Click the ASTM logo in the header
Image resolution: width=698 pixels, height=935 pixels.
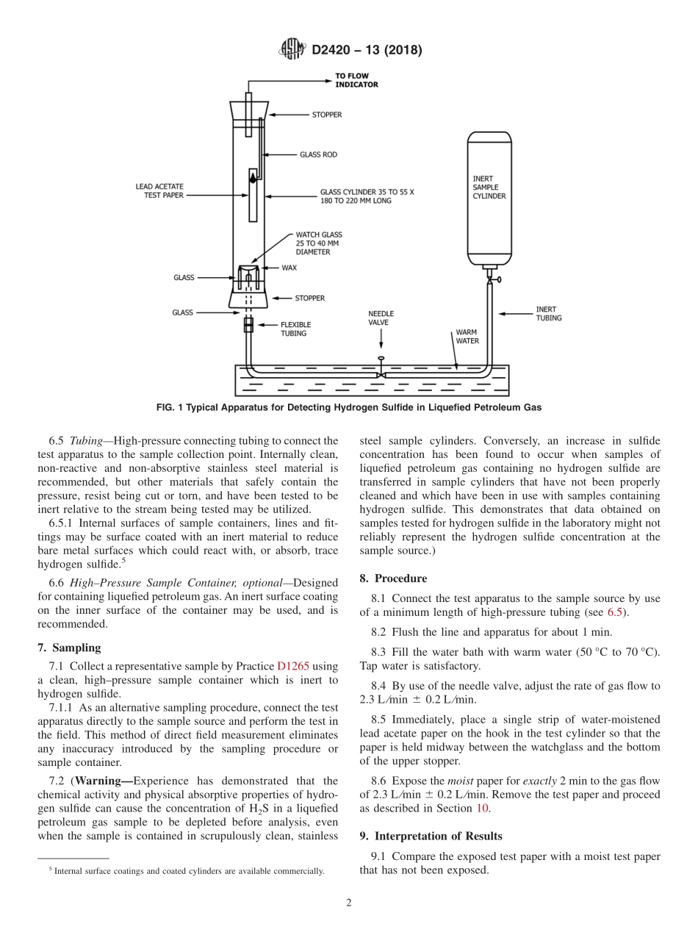[x=292, y=50]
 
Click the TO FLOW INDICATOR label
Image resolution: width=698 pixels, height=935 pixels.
[x=356, y=80]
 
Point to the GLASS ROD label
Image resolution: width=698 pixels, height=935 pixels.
[x=318, y=155]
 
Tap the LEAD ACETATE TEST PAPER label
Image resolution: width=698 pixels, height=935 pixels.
[x=159, y=191]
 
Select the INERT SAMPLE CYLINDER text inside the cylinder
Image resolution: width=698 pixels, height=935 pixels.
[x=489, y=187]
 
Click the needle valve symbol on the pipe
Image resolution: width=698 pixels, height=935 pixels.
[x=381, y=371]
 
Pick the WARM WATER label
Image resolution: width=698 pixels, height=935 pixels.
[x=467, y=337]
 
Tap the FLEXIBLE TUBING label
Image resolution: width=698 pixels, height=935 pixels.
[x=295, y=329]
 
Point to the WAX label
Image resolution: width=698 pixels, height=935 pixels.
[x=289, y=268]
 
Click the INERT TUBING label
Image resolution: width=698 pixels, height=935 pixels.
[x=548, y=314]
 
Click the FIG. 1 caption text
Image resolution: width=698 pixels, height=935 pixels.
[x=348, y=406]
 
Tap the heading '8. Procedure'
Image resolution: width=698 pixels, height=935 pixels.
[x=393, y=578]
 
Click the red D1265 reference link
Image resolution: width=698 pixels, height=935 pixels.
[x=292, y=667]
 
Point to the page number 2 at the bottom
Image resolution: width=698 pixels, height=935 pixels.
[x=348, y=903]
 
